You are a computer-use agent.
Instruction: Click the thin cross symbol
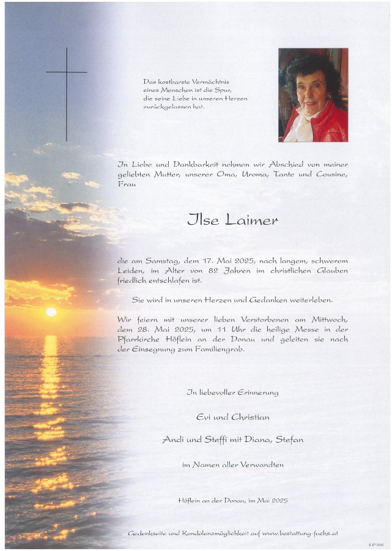(66, 92)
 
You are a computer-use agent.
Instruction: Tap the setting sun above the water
(51, 312)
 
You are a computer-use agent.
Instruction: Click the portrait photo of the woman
(313, 95)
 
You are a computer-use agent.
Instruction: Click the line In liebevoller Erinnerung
(232, 392)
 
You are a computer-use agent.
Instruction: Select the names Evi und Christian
(232, 417)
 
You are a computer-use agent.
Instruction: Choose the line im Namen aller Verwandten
(232, 465)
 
